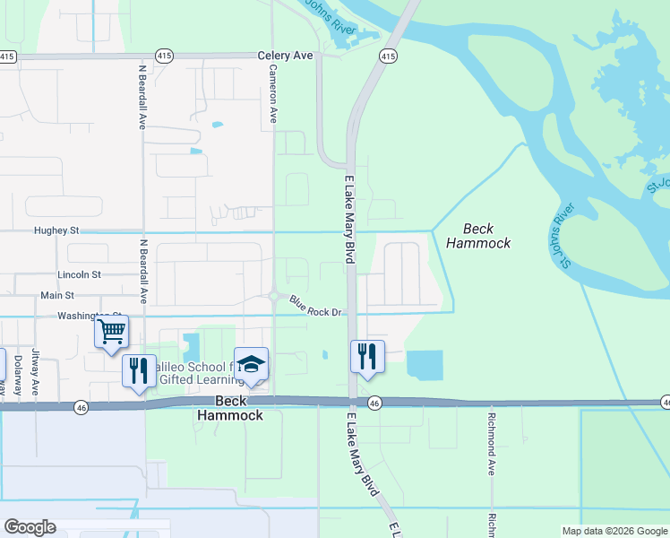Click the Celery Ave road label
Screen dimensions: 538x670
286,56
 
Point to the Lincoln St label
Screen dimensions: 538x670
80,274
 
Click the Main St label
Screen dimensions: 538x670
57,295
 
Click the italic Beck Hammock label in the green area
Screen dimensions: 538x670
478,236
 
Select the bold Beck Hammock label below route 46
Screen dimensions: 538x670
230,409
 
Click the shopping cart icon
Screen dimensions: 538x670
112,331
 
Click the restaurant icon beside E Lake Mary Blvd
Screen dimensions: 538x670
367,356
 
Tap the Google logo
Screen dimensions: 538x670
30,527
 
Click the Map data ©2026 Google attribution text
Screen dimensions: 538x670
614,531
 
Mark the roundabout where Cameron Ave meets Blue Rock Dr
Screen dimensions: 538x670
273,296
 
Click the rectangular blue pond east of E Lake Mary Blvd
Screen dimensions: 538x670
425,365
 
